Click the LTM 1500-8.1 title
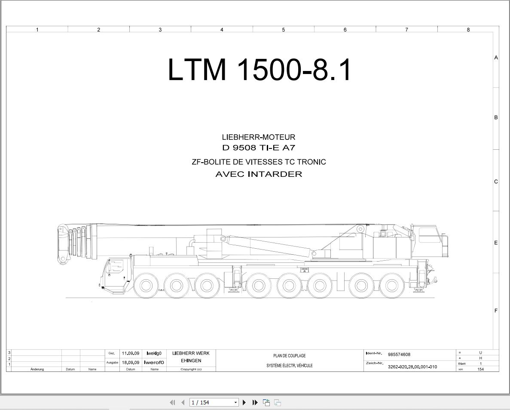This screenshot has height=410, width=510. (x=259, y=70)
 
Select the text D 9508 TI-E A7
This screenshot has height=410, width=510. (x=259, y=148)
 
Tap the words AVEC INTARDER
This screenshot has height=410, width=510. (x=259, y=174)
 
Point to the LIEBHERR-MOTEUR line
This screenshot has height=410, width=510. (x=259, y=137)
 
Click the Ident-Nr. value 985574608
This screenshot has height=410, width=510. (x=399, y=355)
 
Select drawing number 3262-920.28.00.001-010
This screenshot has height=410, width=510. (x=412, y=367)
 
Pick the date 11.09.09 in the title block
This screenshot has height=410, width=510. (x=131, y=353)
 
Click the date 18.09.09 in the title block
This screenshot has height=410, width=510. (x=131, y=362)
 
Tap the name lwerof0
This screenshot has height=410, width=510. (x=154, y=362)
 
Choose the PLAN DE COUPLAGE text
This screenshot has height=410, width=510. (x=290, y=356)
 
